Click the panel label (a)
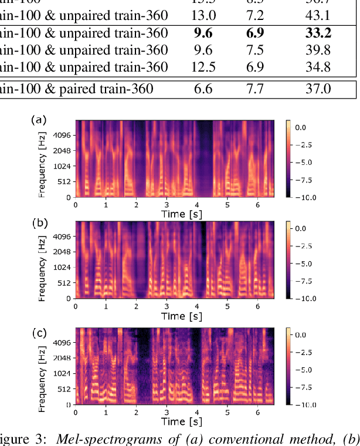tap(38, 120)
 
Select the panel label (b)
tap(38, 222)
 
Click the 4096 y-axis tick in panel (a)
tap(61, 135)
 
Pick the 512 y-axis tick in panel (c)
tap(63, 389)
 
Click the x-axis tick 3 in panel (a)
tap(167, 205)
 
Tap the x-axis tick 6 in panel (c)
tap(257, 413)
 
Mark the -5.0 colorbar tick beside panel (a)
tap(306, 162)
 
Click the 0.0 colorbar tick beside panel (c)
tap(304, 334)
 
